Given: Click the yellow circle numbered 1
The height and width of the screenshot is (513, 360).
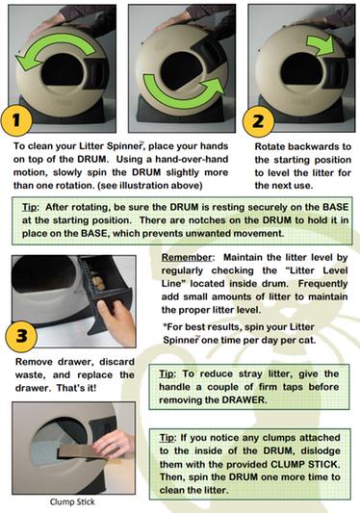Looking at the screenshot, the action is click(16, 120).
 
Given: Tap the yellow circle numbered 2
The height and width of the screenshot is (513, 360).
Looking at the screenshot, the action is click(258, 121).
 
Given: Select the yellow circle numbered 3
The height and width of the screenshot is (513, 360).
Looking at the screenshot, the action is click(21, 336).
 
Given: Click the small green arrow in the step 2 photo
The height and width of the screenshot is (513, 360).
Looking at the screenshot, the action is click(321, 47).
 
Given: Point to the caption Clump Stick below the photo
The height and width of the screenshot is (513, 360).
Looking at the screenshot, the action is click(72, 501).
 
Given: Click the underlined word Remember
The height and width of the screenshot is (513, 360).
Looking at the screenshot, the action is click(187, 258).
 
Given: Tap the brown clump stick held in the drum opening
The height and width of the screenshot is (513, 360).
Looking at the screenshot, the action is click(84, 452).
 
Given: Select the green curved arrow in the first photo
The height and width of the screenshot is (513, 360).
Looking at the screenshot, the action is click(56, 49).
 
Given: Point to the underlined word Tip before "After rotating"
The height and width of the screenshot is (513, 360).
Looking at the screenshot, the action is click(30, 208).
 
